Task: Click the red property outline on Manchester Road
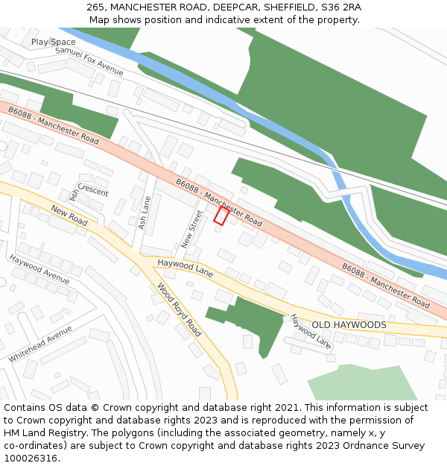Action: pos(221,216)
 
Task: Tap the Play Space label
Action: pos(54,42)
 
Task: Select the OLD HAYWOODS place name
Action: pos(349,325)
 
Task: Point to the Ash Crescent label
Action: pos(88,192)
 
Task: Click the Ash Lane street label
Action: pos(145,212)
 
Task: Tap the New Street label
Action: pos(191,229)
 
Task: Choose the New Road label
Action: pos(69,217)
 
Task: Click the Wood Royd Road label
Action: pos(179,309)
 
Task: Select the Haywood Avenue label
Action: pos(39,270)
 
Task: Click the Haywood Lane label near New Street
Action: pos(186,268)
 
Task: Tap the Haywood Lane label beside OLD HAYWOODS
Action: pos(311,332)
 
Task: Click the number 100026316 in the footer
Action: pos(31,459)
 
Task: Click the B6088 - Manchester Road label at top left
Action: pos(54,125)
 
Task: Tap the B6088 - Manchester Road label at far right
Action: pos(386,286)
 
